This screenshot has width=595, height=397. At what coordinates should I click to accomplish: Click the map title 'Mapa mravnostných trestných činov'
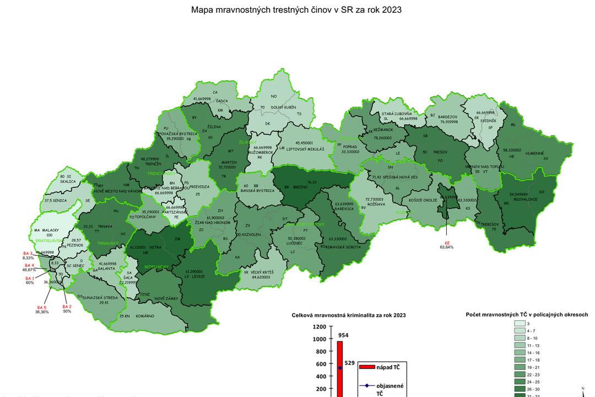click(x=296, y=10)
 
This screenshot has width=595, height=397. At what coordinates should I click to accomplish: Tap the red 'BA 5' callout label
click(x=42, y=307)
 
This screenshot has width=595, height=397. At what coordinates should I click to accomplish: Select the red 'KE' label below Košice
click(x=447, y=242)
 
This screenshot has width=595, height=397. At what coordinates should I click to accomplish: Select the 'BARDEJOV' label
click(x=447, y=116)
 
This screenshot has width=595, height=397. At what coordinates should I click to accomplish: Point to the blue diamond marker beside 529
click(x=340, y=368)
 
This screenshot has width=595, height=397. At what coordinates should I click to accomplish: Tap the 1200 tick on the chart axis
click(x=319, y=326)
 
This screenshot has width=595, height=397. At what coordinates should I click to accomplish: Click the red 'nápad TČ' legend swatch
click(x=366, y=366)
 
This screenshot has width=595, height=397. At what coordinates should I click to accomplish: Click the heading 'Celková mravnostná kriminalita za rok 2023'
click(x=348, y=315)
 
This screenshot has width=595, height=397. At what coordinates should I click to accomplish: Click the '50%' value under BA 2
click(x=67, y=312)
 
